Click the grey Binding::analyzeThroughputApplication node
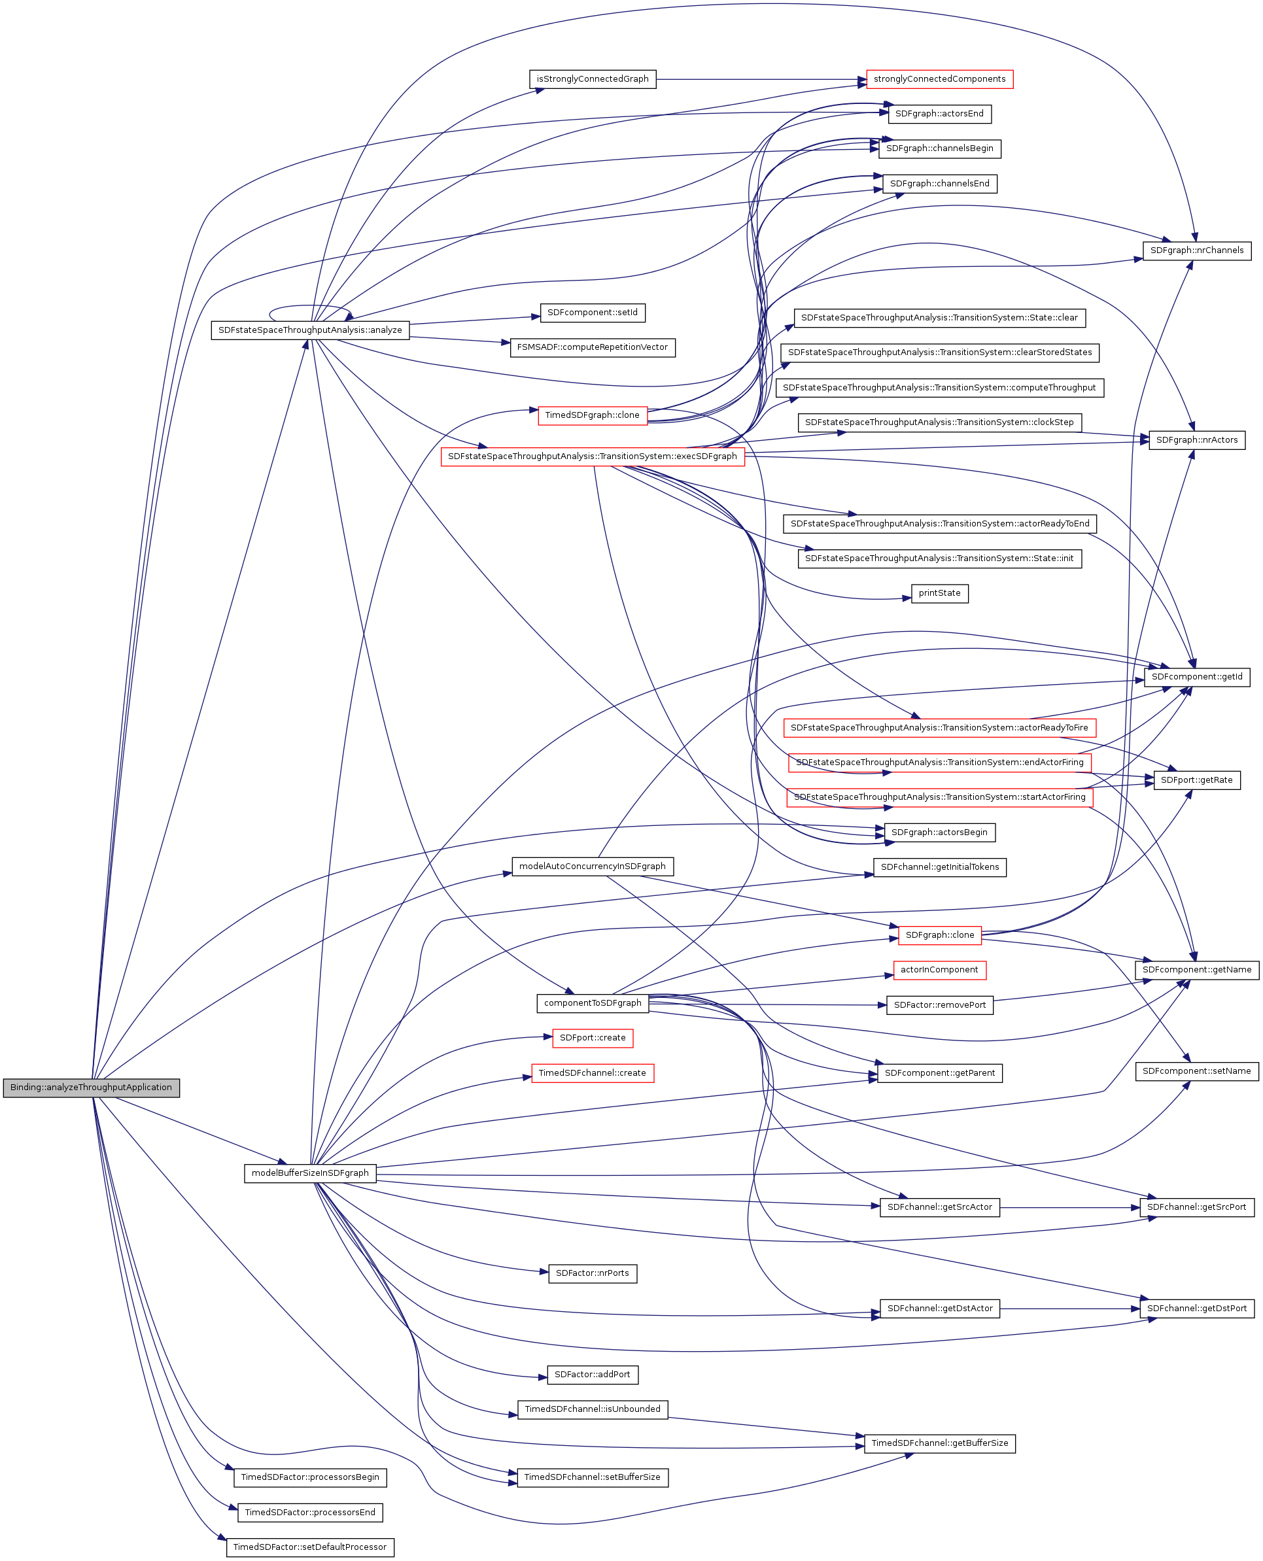pos(91,1088)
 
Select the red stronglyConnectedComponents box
pos(939,79)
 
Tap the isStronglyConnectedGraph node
pos(592,79)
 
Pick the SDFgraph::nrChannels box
pos(1197,250)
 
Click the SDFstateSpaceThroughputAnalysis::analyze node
pos(310,330)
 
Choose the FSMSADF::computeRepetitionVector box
pos(592,348)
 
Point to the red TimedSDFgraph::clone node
pos(592,415)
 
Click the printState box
pos(939,594)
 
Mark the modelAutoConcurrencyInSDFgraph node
pos(592,866)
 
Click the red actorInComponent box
pos(939,970)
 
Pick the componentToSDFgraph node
pos(592,1003)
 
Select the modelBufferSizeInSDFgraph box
pos(310,1173)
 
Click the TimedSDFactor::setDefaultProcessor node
pos(310,1547)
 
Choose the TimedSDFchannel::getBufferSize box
pos(939,1443)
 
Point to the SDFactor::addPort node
pos(592,1375)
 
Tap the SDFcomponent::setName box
pos(1197,1071)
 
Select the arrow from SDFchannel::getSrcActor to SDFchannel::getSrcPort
pos(1069,1207)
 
